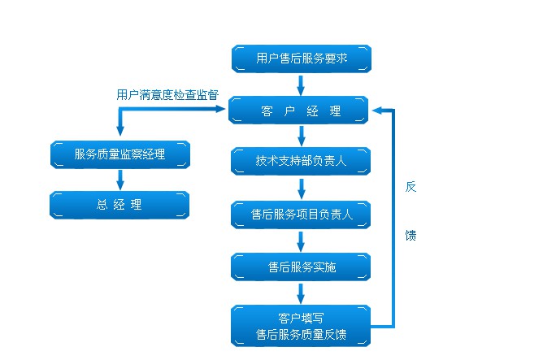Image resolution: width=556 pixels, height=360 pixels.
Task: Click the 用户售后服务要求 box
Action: [301, 59]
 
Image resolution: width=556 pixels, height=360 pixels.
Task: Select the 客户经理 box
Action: [301, 111]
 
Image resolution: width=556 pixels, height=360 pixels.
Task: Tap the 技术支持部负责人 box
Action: [301, 161]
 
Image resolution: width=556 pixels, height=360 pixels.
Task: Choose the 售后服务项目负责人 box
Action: [301, 215]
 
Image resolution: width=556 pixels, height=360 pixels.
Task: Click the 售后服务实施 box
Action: [301, 267]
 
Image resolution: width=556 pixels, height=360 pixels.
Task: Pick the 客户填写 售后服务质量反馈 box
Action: [301, 326]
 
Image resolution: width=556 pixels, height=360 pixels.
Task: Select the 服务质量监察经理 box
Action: [119, 154]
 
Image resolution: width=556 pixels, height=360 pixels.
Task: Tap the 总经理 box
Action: [119, 205]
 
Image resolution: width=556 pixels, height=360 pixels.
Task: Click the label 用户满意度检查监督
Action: [167, 94]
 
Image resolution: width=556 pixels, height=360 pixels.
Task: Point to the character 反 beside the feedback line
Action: [410, 187]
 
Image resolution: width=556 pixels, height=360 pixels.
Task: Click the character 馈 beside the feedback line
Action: [410, 236]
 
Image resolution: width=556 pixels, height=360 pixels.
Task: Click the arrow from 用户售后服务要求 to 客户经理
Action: [301, 85]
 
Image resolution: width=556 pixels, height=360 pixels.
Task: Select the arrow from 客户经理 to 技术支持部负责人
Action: [301, 137]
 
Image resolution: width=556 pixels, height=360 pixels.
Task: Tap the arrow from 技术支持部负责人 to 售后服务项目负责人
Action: [301, 188]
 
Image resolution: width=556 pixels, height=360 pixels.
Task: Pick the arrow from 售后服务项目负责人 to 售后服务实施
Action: [301, 241]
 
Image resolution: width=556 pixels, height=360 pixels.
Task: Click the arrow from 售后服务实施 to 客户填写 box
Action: [301, 293]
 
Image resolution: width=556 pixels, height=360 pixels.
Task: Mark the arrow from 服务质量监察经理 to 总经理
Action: [119, 180]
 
